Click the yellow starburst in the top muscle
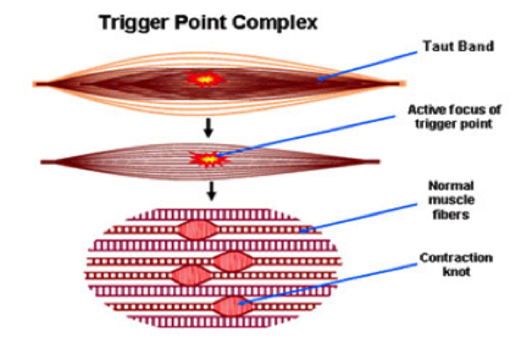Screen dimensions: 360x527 pos(204,79)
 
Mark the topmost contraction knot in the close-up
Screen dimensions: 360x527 pos(199,229)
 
